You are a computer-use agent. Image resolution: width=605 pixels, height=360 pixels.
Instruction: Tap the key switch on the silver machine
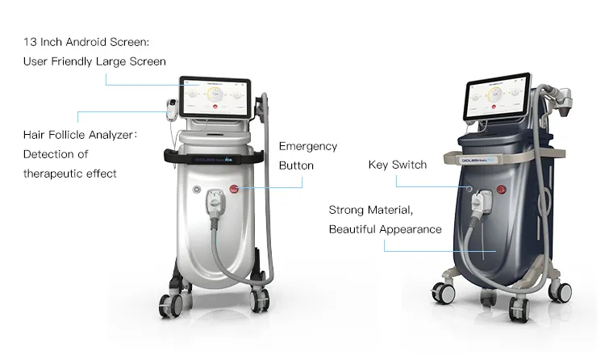(x=195, y=191)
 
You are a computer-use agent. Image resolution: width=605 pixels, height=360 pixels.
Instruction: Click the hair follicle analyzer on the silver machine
(x=170, y=110)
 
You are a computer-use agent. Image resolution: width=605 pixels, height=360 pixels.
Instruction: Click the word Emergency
(x=308, y=147)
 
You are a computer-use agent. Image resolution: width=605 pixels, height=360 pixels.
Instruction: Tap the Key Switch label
(x=397, y=165)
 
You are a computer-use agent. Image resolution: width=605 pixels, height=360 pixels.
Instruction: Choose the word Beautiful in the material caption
(x=357, y=229)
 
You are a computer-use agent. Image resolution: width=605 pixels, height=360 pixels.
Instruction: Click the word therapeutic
(x=54, y=174)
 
